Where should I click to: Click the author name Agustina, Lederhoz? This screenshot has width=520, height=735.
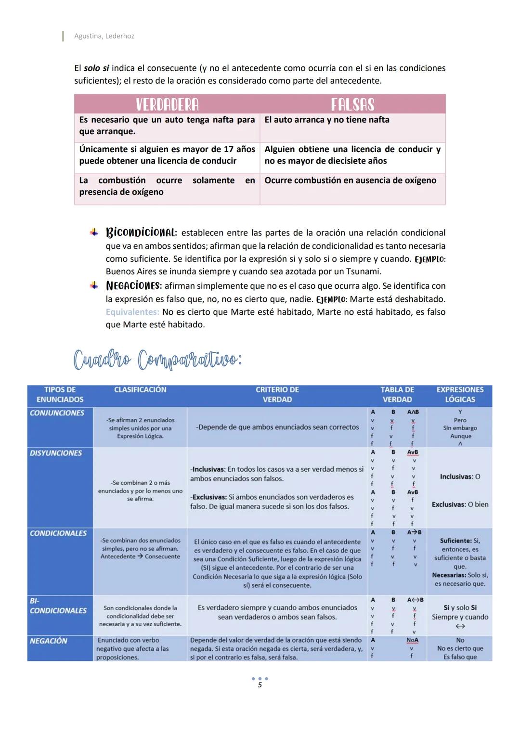click(x=104, y=36)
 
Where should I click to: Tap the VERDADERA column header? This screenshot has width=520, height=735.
click(x=167, y=104)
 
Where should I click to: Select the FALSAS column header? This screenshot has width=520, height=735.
click(x=352, y=104)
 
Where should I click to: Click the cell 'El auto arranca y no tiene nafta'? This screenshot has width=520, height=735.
click(x=327, y=120)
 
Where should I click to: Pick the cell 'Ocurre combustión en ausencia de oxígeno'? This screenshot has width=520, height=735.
click(x=350, y=181)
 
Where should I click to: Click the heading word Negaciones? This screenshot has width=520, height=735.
click(x=133, y=286)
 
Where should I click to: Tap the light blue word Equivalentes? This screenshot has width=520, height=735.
click(x=132, y=312)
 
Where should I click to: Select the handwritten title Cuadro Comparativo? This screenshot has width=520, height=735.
click(x=158, y=359)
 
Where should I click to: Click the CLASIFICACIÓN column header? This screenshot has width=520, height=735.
click(x=140, y=390)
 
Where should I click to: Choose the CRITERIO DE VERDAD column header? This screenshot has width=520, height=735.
click(x=277, y=395)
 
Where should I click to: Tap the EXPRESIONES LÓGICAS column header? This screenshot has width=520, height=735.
click(x=460, y=395)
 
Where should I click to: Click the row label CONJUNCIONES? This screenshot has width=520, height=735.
click(x=57, y=413)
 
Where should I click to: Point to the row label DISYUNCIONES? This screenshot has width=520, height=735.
click(x=56, y=453)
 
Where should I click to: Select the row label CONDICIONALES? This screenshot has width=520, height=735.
click(x=58, y=533)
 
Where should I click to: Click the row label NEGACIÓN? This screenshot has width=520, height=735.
click(x=49, y=641)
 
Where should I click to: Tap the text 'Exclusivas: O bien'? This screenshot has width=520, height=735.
click(x=460, y=504)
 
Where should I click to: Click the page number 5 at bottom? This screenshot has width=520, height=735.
click(x=260, y=685)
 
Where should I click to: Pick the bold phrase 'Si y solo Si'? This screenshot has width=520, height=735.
click(x=460, y=608)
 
